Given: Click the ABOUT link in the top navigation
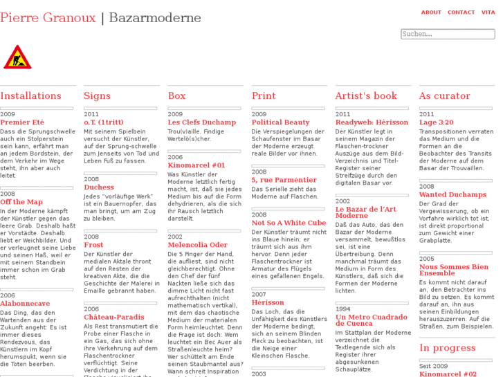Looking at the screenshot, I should coord(431,12).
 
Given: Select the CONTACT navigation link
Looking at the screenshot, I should coord(461,12).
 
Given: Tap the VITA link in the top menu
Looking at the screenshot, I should coord(488,12).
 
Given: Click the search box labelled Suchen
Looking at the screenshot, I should coord(448,34).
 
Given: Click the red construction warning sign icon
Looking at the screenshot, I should coord(17,57).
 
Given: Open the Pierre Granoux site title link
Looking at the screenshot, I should coord(48,17).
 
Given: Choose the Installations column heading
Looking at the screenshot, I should coord(30,96).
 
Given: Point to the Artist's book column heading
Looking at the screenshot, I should coord(366,96).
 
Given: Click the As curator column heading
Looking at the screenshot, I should coord(444,96).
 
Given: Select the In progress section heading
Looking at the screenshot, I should coord(447,348).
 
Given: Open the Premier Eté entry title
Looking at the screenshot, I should coord(22,122).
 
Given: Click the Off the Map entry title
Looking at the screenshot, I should coord(21,202).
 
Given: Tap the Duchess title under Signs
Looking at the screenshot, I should coord(99,187).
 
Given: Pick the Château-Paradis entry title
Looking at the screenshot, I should coord(114,318).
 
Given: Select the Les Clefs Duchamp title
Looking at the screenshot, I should coord(202,122).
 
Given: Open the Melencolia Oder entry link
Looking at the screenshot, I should coord(197,245).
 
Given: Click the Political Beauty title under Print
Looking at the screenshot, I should coord(280,122).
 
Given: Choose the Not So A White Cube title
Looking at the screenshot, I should coord(289,223).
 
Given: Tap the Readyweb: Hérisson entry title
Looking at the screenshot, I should coord(372,122).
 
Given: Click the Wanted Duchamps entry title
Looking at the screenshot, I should coord(452,195).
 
